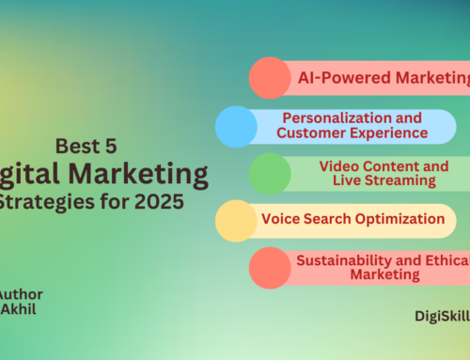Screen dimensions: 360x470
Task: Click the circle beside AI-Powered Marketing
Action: (270, 78)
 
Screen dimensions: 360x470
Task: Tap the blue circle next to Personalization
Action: (236, 126)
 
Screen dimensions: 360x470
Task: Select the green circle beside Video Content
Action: (270, 174)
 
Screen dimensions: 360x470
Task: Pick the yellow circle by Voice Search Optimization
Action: (236, 221)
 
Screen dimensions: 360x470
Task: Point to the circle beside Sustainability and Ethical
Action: (270, 267)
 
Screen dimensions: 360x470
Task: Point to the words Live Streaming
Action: (368, 180)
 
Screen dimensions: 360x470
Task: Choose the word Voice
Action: (281, 220)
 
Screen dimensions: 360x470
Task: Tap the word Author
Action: (21, 294)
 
